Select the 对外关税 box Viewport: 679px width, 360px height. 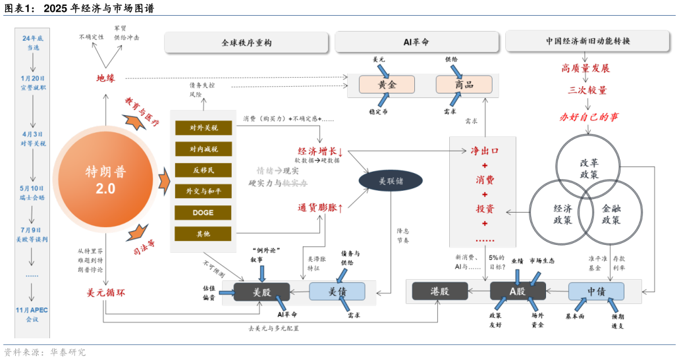pyautogui.click(x=203, y=128)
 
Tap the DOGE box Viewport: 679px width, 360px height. pyautogui.click(x=203, y=213)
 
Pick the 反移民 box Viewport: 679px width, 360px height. pyautogui.click(x=203, y=170)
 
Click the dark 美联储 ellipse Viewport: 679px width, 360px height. pyautogui.click(x=391, y=180)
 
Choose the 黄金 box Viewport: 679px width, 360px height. pyautogui.click(x=387, y=84)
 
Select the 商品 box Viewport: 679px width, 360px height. pyautogui.click(x=464, y=84)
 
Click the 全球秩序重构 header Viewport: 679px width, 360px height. pyautogui.click(x=246, y=42)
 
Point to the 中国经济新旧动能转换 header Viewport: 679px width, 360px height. pyautogui.click(x=587, y=41)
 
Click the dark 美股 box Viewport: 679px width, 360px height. pyautogui.click(x=261, y=291)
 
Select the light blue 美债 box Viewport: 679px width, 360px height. pyautogui.click(x=337, y=291)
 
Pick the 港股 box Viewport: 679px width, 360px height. pyautogui.click(x=439, y=291)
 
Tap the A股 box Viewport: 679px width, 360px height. pyautogui.click(x=518, y=291)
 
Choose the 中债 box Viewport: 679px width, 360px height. pyautogui.click(x=596, y=291)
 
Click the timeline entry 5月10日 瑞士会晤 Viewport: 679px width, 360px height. pyautogui.click(x=32, y=192)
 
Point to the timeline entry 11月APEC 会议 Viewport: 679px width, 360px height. pyautogui.click(x=32, y=314)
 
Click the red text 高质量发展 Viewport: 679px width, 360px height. pyautogui.click(x=585, y=68)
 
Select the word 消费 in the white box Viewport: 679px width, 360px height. pyautogui.click(x=485, y=180)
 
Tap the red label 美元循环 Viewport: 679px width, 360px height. pyautogui.click(x=106, y=292)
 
